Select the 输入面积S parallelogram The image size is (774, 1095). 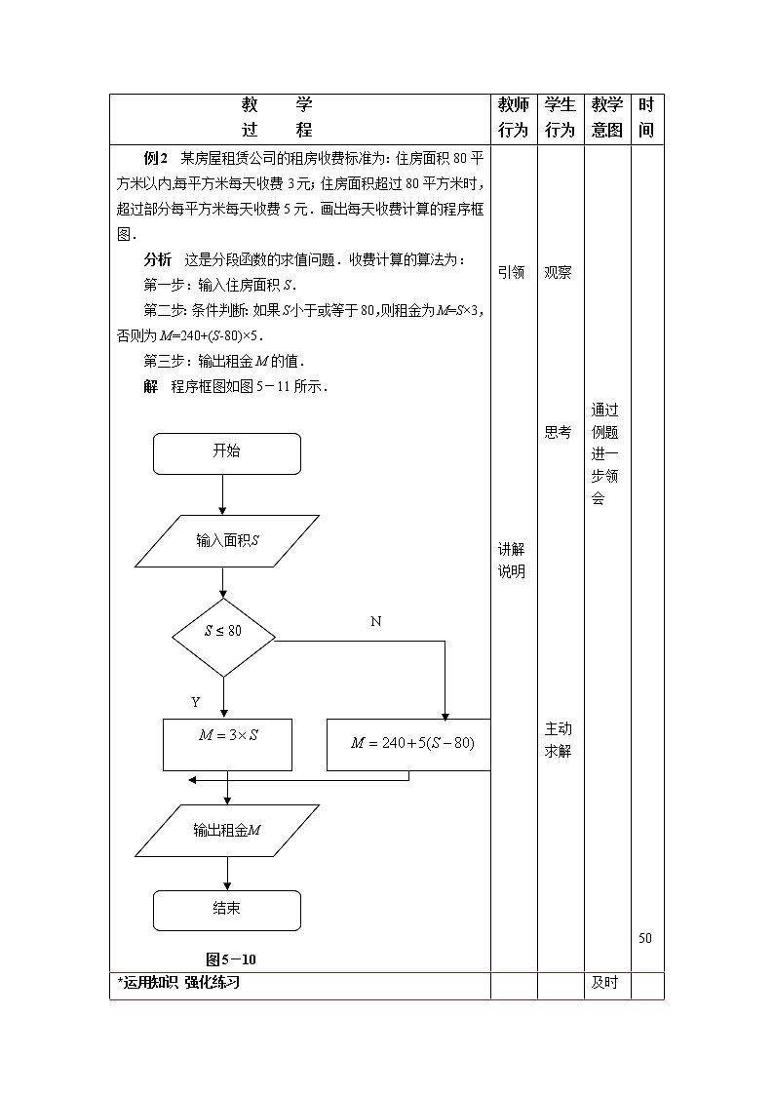(x=226, y=540)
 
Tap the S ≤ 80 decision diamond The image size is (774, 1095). (x=223, y=631)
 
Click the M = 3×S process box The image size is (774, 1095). (x=227, y=744)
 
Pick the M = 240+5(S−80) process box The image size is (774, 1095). (x=409, y=744)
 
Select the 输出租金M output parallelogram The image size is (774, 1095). (x=227, y=830)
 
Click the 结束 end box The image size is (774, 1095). (x=226, y=910)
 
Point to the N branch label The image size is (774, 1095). (x=375, y=621)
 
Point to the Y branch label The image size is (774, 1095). (x=195, y=702)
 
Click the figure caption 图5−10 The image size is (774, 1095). (x=231, y=958)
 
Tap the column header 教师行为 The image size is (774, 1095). (x=513, y=117)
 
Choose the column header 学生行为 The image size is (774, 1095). (x=560, y=117)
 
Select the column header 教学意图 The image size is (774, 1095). (x=606, y=117)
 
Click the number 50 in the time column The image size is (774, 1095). (x=645, y=938)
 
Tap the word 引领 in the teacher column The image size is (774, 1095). (x=512, y=273)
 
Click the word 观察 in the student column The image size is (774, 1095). (x=558, y=273)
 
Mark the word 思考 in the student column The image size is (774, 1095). (x=558, y=432)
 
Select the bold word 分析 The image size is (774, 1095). (x=157, y=259)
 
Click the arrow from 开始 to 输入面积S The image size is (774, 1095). (x=223, y=494)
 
